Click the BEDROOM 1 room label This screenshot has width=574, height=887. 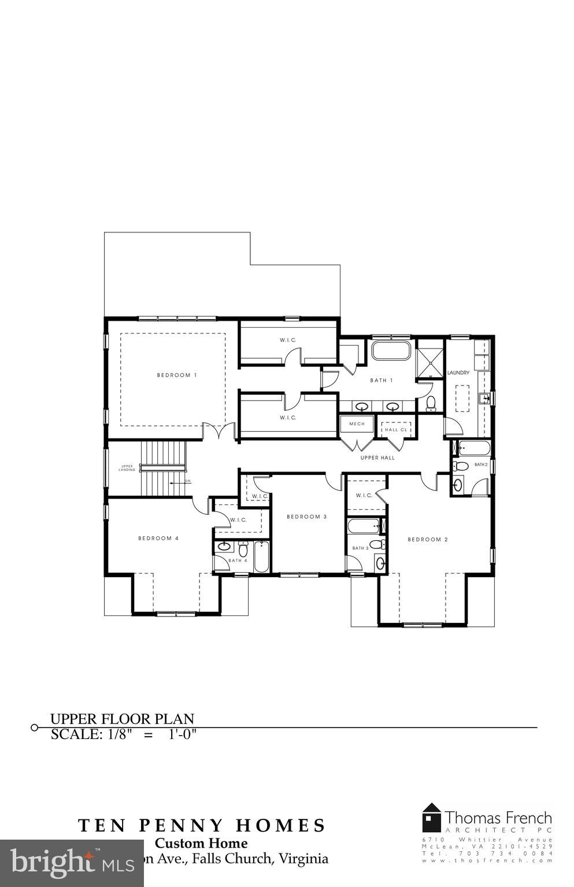177,375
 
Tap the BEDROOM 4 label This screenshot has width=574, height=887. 158,538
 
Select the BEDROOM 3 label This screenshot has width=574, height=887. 306,517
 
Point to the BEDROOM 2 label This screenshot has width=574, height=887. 428,539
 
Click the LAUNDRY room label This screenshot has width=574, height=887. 458,373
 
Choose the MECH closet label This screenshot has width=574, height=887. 357,424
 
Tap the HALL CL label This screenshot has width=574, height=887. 396,429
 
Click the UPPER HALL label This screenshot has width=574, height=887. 377,458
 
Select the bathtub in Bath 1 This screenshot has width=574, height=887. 391,351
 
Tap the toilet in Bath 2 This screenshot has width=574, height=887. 461,466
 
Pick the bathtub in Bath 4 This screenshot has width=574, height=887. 261,556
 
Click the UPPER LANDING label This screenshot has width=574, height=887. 128,468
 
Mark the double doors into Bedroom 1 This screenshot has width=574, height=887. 219,431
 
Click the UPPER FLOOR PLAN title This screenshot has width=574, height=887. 122,719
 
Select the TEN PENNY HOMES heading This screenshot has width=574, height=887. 202,825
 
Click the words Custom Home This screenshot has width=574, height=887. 201,844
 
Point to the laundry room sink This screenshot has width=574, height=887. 485,398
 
